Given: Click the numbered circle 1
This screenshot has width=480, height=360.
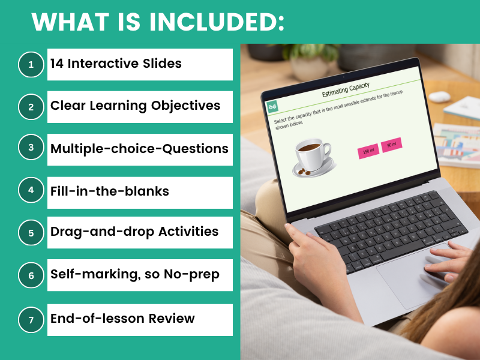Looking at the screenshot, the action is click(x=31, y=65).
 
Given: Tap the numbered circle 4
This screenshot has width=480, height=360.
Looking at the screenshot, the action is click(x=31, y=190).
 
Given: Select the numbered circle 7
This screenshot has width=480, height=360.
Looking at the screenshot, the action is click(x=31, y=320).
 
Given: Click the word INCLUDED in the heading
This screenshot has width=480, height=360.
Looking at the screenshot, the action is click(x=217, y=22).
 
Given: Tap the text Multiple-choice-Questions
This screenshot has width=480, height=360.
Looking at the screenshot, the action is click(x=139, y=149).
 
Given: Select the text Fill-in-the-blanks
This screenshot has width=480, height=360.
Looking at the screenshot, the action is click(x=110, y=191).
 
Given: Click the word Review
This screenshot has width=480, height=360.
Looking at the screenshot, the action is click(x=172, y=319).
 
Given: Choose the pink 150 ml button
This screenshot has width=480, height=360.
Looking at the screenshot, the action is click(x=368, y=151).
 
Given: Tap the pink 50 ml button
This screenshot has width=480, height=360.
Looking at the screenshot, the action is click(x=392, y=144).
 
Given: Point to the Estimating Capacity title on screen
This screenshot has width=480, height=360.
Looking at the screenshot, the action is click(x=346, y=89).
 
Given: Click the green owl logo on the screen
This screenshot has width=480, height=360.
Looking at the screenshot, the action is click(x=272, y=106).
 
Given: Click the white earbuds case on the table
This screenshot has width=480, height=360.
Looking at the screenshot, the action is click(x=439, y=97).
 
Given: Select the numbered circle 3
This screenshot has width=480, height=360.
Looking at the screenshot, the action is click(x=31, y=147).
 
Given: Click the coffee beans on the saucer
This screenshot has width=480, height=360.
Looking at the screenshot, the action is click(x=304, y=172).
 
